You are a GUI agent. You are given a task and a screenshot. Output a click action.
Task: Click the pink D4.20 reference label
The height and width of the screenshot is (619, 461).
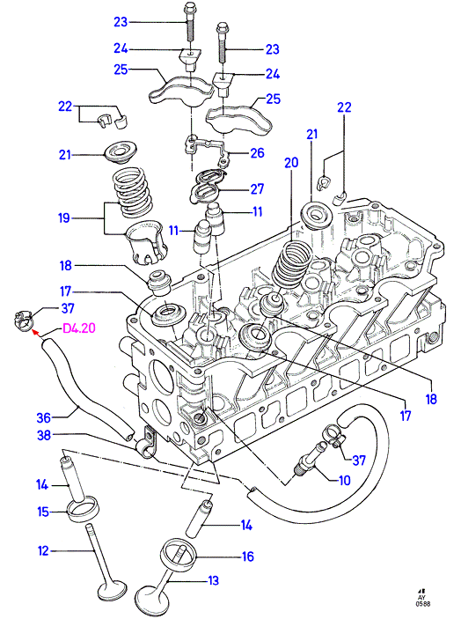tap(79, 328)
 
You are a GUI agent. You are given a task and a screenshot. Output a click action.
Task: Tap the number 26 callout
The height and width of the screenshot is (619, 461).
tap(257, 153)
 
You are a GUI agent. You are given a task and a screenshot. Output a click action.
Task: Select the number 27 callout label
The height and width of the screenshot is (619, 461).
tap(257, 189)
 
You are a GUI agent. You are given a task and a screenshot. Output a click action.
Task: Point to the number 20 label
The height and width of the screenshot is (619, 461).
tap(291, 163)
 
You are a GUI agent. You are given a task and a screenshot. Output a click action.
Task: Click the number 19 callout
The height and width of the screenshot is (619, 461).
tap(64, 217)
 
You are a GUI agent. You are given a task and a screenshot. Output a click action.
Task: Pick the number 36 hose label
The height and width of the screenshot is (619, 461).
tap(44, 417)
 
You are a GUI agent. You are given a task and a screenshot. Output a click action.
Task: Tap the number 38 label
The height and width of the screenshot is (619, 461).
tap(44, 435)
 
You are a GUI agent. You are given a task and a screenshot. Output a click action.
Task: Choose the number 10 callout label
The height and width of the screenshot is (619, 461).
tap(345, 481)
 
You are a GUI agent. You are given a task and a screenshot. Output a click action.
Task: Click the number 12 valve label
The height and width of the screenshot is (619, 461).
tap(43, 550)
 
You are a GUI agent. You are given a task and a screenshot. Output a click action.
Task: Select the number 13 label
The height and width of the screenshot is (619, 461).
tap(213, 581)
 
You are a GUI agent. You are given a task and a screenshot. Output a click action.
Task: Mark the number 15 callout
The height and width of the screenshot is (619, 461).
tap(43, 512)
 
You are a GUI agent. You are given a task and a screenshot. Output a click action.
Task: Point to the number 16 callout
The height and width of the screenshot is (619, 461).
tap(247, 556)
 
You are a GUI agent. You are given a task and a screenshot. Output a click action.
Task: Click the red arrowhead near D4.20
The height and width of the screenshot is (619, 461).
tap(35, 334)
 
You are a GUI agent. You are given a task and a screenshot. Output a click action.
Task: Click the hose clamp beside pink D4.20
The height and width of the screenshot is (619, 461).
tap(23, 320)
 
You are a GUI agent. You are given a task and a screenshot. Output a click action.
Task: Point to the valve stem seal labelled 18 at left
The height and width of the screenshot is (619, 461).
tap(160, 283)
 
